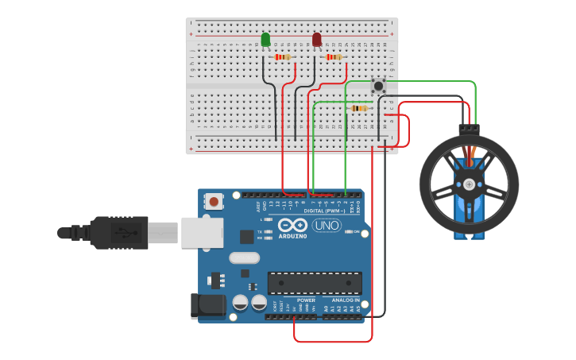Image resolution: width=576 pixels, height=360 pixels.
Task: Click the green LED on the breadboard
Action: point(265,39)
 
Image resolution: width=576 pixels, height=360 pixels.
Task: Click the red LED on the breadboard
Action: point(317,39)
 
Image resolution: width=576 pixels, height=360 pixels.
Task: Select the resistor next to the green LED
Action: point(282,57)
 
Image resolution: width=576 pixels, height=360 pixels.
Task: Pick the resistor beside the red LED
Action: point(334,57)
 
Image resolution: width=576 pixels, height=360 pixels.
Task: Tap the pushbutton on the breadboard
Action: point(378,85)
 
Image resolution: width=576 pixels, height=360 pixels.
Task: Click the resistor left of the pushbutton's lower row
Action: point(358,108)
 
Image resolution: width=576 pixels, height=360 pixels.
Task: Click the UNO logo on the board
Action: point(326,226)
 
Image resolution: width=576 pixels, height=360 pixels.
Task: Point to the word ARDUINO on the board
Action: point(292,236)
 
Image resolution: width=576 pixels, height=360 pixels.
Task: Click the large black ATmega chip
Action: point(315,283)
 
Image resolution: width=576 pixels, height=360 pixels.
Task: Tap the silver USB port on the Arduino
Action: point(202,232)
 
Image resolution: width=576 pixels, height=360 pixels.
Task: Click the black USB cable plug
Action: point(119,232)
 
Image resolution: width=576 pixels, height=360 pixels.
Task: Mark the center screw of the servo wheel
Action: point(469,184)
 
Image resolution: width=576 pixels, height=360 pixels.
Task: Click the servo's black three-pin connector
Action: point(469,127)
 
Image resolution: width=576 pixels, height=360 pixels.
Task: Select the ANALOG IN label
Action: point(346,300)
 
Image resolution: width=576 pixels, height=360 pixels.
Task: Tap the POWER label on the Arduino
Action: point(306,300)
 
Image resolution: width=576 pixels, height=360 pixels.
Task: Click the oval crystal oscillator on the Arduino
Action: point(245,257)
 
